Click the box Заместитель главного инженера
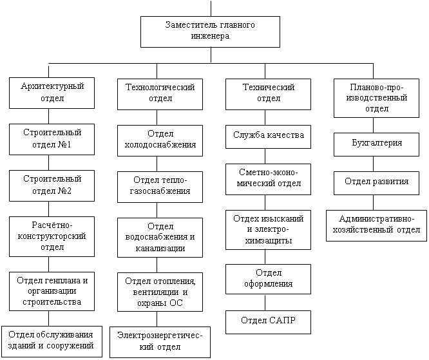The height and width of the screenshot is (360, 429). point(210,32)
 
